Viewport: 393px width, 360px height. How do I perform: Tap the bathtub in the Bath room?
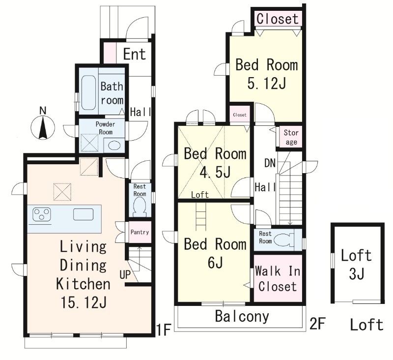[x=88, y=92]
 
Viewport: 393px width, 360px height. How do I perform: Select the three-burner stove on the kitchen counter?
[x=42, y=215]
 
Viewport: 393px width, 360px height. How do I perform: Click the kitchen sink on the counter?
[x=83, y=214]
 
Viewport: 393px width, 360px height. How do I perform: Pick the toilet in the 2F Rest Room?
[x=284, y=240]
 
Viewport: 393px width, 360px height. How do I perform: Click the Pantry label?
[x=140, y=232]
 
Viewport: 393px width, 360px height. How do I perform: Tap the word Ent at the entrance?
[x=134, y=54]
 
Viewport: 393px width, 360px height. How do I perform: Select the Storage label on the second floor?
[x=291, y=137]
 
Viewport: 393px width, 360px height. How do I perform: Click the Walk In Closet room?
[x=278, y=278]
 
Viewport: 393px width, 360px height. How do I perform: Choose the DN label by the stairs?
[x=270, y=163]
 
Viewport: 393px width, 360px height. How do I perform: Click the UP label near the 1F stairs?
[x=125, y=275]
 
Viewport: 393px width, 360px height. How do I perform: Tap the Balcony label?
[x=242, y=317]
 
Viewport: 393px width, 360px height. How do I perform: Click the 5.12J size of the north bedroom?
[x=267, y=83]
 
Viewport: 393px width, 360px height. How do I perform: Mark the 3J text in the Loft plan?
[x=357, y=273]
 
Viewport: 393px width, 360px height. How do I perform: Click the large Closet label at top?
[x=278, y=19]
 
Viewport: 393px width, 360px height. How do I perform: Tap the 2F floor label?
[x=317, y=324]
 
